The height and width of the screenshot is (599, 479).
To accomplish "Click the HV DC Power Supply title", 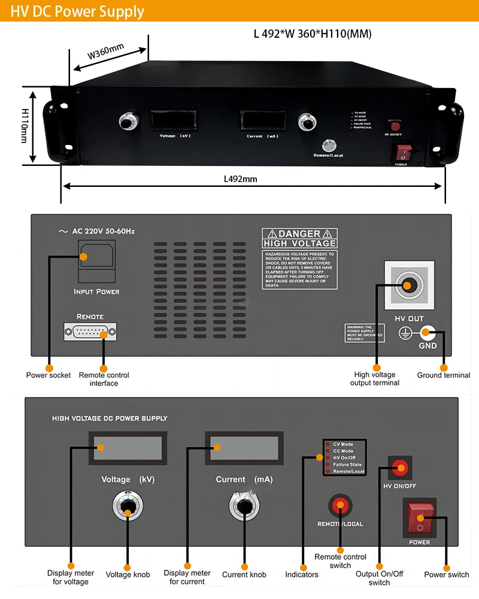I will point(77,11).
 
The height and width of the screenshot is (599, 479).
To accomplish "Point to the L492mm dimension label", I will point(240,179).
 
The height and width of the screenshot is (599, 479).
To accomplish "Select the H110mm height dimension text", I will point(25,126).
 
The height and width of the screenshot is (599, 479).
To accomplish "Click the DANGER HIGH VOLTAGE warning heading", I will point(299,238).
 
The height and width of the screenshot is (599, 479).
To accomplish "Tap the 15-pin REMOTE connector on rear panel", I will point(90,332).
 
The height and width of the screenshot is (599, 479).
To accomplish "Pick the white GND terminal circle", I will point(428,332).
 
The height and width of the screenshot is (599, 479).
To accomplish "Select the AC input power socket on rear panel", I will point(96,261).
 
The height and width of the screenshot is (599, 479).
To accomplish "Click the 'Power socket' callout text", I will point(48,376).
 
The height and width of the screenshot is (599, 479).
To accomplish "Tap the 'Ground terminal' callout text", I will point(444,376).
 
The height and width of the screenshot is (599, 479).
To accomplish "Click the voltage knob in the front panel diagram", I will point(128,507).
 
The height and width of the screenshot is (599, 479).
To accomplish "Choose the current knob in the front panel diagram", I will point(244,507).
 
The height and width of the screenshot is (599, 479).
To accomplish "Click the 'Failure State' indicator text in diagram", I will point(347,464).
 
